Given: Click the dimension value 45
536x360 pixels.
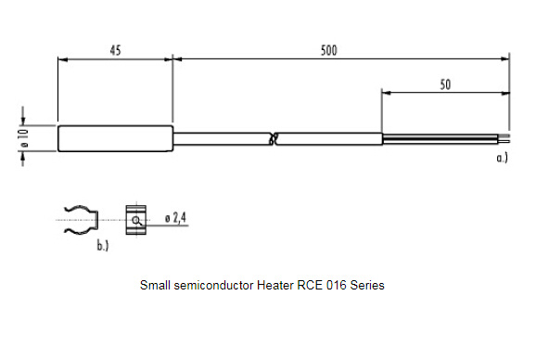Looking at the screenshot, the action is pyautogui.click(x=116, y=50).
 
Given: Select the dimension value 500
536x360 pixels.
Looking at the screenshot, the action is pyautogui.click(x=329, y=50).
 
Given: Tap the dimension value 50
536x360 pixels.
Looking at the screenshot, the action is pyautogui.click(x=445, y=84).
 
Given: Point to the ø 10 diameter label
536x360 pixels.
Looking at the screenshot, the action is pyautogui.click(x=25, y=137).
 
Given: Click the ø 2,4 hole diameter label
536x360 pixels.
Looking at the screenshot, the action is pyautogui.click(x=175, y=217).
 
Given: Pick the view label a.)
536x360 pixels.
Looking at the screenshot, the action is pyautogui.click(x=503, y=158).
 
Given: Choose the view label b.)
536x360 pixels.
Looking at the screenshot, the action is pyautogui.click(x=103, y=246).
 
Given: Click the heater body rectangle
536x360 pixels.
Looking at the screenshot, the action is pyautogui.click(x=116, y=138).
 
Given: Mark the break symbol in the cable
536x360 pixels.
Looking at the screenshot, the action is pyautogui.click(x=274, y=138).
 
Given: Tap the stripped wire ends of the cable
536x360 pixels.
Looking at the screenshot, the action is pyautogui.click(x=446, y=139).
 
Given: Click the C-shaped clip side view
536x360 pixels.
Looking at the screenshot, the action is pyautogui.click(x=82, y=220).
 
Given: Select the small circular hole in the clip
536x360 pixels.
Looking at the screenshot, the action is pyautogui.click(x=136, y=220).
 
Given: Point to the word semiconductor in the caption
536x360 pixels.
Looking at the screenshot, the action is pyautogui.click(x=213, y=285).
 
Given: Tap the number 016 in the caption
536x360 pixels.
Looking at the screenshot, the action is pyautogui.click(x=337, y=285).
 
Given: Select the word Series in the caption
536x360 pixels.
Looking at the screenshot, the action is pyautogui.click(x=367, y=285).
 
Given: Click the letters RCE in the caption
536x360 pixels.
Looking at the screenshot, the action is pyautogui.click(x=310, y=285).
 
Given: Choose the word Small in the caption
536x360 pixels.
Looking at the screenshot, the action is pyautogui.click(x=155, y=285).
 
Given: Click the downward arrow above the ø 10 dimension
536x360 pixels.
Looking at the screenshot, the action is pyautogui.click(x=23, y=116).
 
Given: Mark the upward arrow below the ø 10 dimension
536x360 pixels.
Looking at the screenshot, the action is pyautogui.click(x=23, y=159).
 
